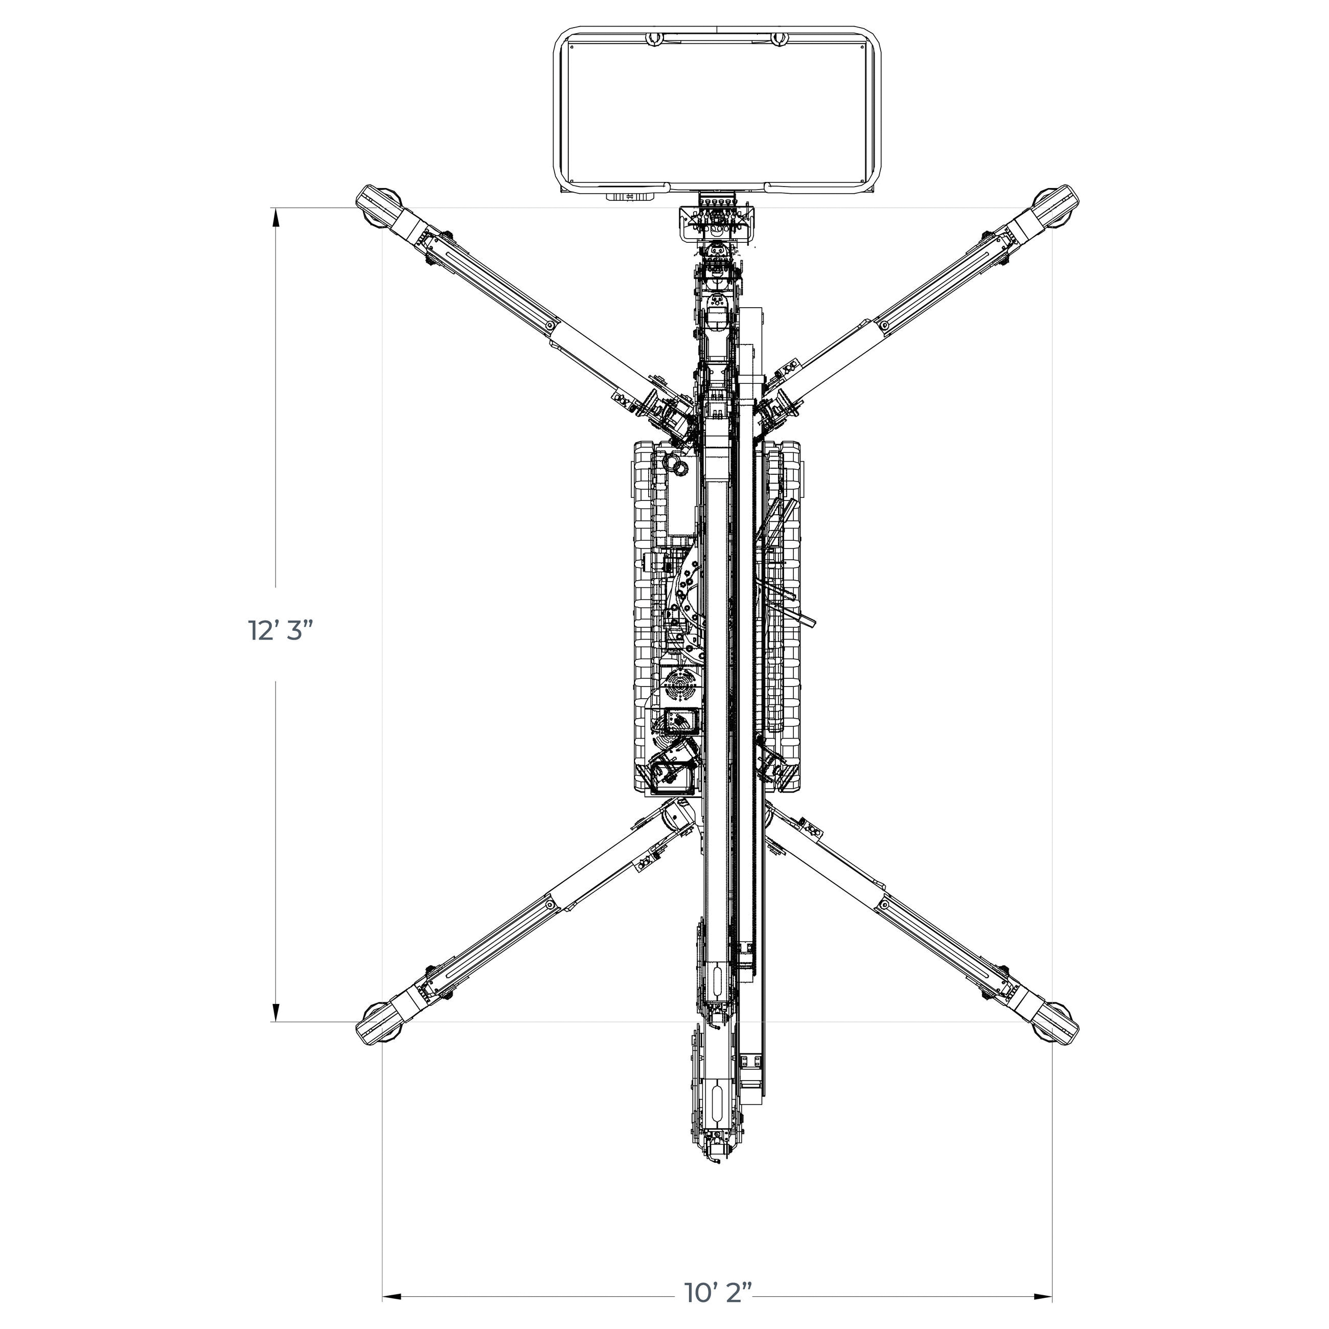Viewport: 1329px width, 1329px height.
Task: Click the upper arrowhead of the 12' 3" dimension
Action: [277, 218]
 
